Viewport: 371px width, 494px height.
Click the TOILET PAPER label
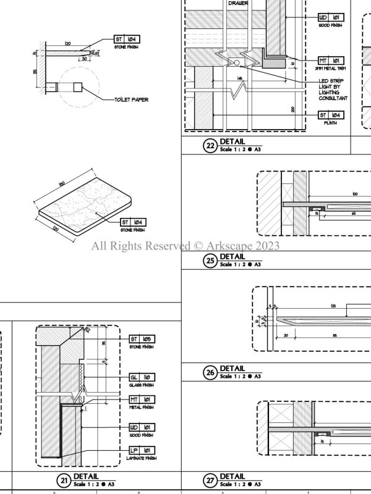point(132,99)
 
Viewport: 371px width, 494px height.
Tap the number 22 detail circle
point(210,147)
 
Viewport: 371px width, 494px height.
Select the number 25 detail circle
point(210,261)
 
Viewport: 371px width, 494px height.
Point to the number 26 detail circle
point(210,372)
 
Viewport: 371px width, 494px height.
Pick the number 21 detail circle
point(64,480)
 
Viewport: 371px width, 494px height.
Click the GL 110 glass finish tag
point(142,377)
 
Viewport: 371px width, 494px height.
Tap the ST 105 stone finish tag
point(142,339)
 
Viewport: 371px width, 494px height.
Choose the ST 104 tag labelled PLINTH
point(331,115)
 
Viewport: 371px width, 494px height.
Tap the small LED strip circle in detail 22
point(234,62)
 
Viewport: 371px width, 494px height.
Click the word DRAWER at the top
point(239,3)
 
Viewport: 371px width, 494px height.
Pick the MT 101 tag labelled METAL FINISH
point(142,400)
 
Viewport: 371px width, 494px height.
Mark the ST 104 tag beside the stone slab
point(134,222)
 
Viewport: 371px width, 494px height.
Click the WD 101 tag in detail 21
point(142,427)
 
